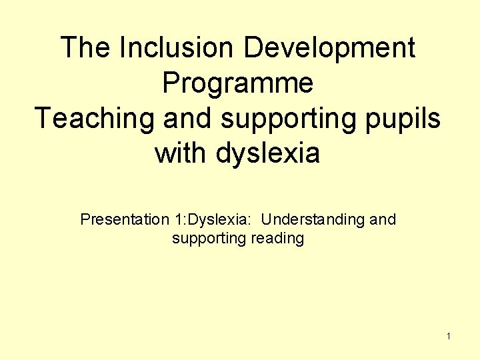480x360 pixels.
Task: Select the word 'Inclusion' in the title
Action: click(171, 48)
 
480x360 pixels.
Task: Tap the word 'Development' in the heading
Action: click(330, 48)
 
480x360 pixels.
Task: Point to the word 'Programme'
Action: click(238, 84)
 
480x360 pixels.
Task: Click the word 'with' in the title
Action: click(181, 154)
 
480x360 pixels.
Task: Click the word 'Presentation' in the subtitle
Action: click(115, 219)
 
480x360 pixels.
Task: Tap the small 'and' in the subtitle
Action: click(383, 219)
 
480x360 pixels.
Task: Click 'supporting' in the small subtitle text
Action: click(209, 239)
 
